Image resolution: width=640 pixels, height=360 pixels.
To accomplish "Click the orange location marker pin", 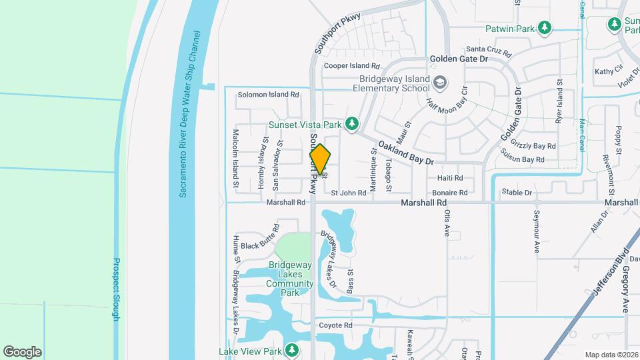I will pyautogui.click(x=320, y=159).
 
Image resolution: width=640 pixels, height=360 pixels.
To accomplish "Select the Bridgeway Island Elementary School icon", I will pyautogui.click(x=439, y=83).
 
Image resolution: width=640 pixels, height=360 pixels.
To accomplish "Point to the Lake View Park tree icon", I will pyautogui.click(x=291, y=350).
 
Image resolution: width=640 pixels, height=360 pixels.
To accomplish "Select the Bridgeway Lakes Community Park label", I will pyautogui.click(x=290, y=278).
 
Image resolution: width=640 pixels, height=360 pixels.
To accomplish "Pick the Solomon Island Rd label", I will pyautogui.click(x=268, y=95).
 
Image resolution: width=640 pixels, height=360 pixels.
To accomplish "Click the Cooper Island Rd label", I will pyautogui.click(x=351, y=66).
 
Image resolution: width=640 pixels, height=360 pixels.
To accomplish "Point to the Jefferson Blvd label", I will pyautogui.click(x=611, y=273).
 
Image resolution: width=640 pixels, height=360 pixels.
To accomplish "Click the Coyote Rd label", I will pyautogui.click(x=335, y=325).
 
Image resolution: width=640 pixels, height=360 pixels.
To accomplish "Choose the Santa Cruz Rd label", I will pyautogui.click(x=488, y=49).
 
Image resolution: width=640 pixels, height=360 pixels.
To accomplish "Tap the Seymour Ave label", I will pyautogui.click(x=537, y=233).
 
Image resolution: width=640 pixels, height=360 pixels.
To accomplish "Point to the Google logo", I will pyautogui.click(x=22, y=351).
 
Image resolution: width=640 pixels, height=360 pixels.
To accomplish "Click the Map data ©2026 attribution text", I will pyautogui.click(x=611, y=355).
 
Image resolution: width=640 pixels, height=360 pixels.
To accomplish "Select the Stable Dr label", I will pyautogui.click(x=518, y=193).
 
